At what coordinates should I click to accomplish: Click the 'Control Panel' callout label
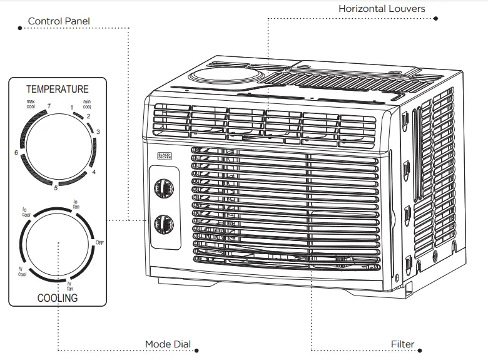[x=59, y=21]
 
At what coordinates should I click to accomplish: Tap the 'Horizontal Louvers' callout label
[x=382, y=9]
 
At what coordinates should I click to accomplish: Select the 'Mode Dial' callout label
[x=168, y=344]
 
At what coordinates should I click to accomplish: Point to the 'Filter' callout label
[x=403, y=344]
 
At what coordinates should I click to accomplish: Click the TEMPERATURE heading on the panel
[x=58, y=89]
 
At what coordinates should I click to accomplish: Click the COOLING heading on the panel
[x=58, y=298]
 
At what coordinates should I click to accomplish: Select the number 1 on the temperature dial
[x=72, y=108]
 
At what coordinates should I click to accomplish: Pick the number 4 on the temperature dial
[x=94, y=172]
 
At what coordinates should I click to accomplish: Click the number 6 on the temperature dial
[x=16, y=153]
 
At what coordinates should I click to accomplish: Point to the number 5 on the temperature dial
[x=56, y=187]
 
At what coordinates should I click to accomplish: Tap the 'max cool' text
[x=31, y=104]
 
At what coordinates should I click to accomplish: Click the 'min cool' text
[x=87, y=104]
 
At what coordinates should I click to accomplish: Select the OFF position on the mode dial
[x=99, y=242]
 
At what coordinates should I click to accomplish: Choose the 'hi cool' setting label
[x=21, y=270]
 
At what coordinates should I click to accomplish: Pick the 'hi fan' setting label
[x=69, y=285]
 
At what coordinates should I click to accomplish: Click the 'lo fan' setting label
[x=76, y=203]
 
